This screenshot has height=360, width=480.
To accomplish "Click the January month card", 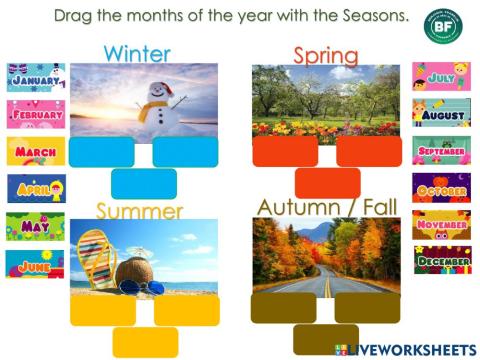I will (x=35, y=77).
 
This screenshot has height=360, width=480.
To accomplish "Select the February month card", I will (x=35, y=114).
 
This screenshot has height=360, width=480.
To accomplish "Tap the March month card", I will (x=35, y=151).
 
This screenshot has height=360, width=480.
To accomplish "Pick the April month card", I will (x=35, y=188).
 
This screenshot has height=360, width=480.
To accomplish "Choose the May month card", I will (x=35, y=226).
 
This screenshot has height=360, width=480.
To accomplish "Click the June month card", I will (x=35, y=264).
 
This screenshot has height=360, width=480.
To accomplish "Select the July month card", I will (x=441, y=76).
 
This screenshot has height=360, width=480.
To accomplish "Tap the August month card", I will (x=441, y=114).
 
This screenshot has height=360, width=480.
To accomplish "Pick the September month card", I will (x=441, y=151).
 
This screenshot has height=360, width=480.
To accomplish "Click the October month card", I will (x=441, y=188).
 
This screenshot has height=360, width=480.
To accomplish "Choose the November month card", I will (x=441, y=224).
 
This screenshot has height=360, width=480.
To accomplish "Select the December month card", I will (x=441, y=260).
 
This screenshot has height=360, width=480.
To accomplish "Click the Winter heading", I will (x=137, y=53).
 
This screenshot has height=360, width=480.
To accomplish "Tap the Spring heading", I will (x=326, y=55).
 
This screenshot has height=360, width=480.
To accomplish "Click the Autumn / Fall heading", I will (x=326, y=207).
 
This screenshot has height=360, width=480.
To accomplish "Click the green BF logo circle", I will (x=442, y=26).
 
